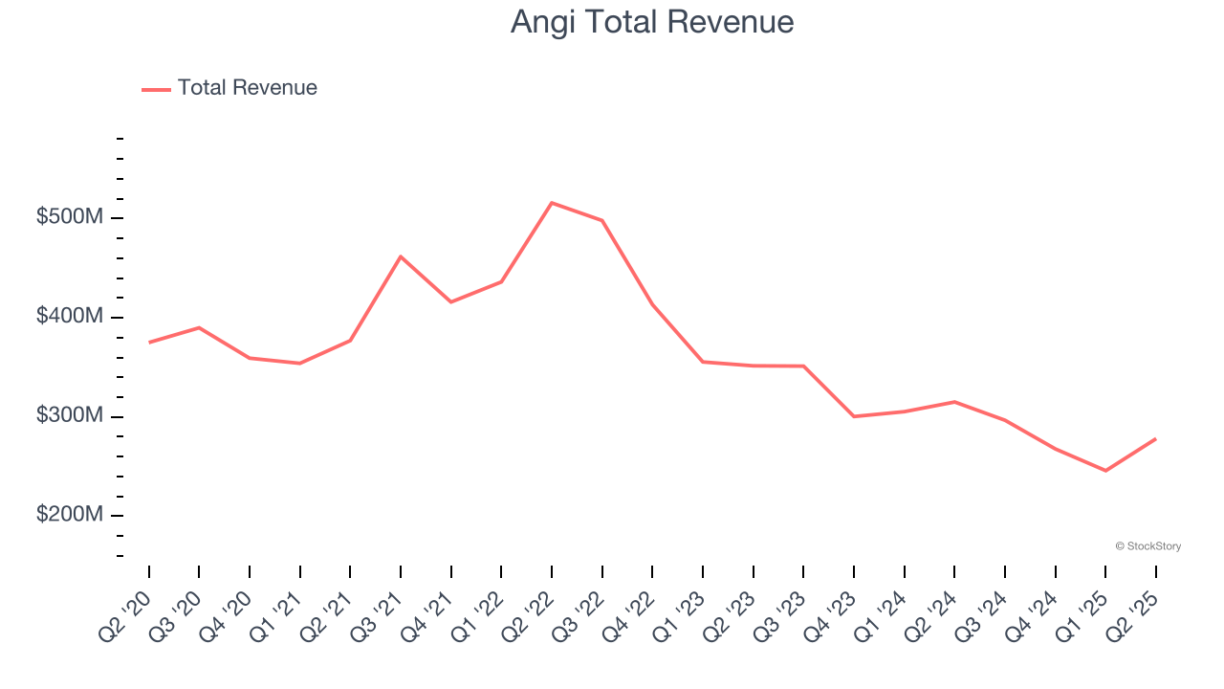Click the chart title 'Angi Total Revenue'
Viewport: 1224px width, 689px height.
pos(651,22)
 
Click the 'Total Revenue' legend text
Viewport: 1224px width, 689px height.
pos(247,88)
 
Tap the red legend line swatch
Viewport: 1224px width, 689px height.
pos(156,89)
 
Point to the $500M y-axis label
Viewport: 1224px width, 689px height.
pos(70,217)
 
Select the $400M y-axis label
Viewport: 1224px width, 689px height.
pos(70,317)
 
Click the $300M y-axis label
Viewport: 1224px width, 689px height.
pos(70,416)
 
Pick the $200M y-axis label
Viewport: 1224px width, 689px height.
pos(70,515)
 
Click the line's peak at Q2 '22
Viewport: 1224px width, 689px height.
pos(552,203)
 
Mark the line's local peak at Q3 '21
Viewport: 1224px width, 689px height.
pos(401,256)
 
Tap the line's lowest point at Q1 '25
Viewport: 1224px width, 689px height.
pos(1105,471)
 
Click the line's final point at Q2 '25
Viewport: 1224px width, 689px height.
pos(1155,439)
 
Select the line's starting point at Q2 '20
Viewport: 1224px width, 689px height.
pos(149,343)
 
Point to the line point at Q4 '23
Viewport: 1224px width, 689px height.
pos(854,416)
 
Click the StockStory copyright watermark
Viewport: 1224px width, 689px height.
pos(1147,546)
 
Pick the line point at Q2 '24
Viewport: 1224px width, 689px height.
pos(954,402)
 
